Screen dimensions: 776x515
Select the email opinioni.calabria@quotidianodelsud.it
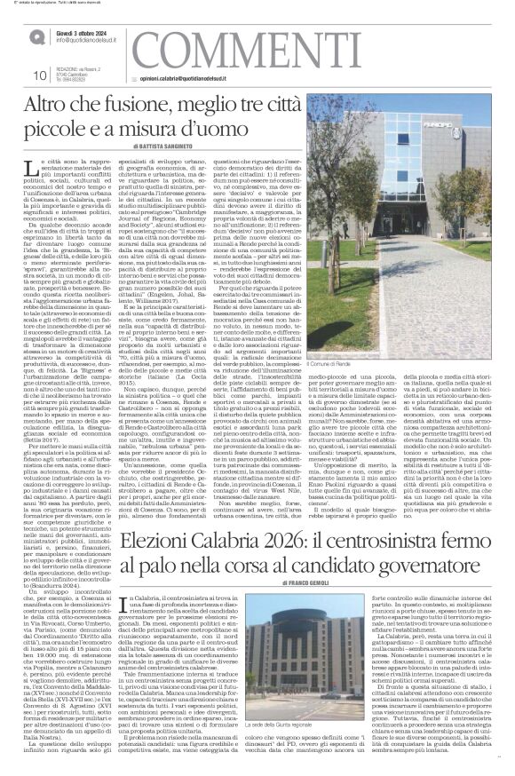(182, 79)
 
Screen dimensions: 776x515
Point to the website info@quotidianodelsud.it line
(88, 41)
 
